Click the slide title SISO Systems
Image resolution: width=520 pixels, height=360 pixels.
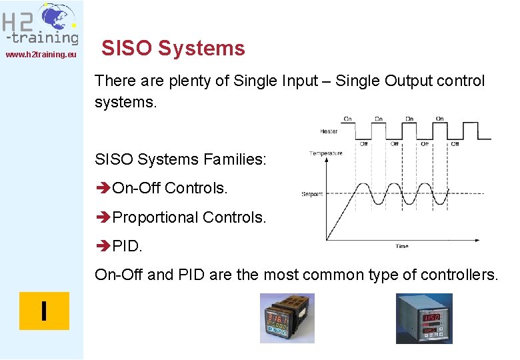tap(173, 48)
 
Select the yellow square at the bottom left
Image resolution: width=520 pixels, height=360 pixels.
tap(44, 311)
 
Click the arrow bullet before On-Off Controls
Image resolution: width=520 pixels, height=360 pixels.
tap(103, 189)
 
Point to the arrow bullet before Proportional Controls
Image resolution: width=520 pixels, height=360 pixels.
tap(103, 217)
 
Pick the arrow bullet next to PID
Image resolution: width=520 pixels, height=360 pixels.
tap(103, 246)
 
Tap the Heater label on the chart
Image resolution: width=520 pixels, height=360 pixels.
tap(329, 131)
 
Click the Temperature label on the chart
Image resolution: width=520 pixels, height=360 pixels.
tap(325, 153)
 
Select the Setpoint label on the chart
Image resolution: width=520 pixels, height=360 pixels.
tap(312, 194)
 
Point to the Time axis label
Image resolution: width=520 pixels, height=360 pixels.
tap(402, 246)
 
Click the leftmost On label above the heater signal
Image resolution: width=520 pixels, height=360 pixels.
tap(347, 119)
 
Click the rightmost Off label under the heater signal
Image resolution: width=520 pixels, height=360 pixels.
tap(455, 143)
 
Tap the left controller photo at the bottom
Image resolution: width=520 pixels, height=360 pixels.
tap(287, 319)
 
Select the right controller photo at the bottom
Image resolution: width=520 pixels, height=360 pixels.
tap(424, 319)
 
